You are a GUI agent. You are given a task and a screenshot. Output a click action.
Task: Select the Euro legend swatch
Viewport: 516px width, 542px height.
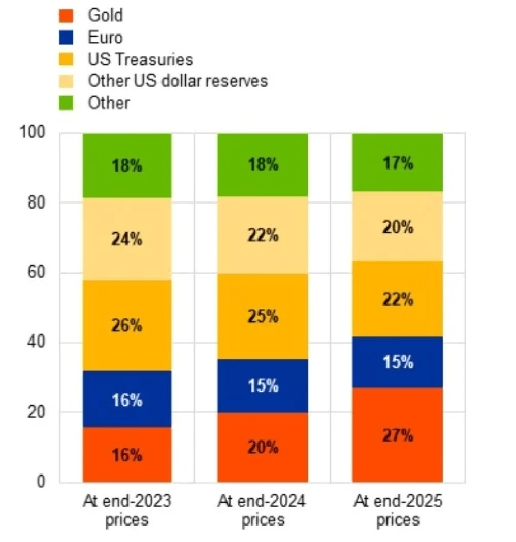[66, 38]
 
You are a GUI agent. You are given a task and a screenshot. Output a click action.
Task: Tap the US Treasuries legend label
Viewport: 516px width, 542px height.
[140, 59]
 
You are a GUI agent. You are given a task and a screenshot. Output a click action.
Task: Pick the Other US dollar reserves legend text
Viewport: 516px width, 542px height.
[178, 80]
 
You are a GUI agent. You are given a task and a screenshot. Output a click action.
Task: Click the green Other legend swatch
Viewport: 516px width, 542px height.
[66, 103]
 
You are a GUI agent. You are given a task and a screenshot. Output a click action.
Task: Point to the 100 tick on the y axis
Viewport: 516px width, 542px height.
[32, 132]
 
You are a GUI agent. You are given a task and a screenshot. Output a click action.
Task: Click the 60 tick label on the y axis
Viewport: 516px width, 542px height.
[36, 273]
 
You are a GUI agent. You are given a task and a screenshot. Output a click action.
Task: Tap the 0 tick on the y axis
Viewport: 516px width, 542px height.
[41, 481]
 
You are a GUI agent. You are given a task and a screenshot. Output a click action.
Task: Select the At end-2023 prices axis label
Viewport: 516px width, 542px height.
[127, 510]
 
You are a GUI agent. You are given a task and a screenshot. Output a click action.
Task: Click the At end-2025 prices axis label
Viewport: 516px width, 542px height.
[398, 510]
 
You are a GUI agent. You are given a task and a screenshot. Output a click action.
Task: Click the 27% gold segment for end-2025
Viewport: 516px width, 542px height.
[397, 435]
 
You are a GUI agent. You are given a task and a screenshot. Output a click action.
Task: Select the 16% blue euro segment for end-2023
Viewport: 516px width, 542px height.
[127, 399]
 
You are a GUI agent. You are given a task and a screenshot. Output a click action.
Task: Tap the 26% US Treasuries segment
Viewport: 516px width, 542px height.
[127, 326]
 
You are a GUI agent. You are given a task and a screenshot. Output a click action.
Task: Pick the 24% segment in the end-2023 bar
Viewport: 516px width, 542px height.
[127, 239]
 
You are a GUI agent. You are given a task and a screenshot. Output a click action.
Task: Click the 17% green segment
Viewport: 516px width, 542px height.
[397, 162]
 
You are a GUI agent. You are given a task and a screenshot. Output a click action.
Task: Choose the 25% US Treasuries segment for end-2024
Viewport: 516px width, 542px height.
[263, 317]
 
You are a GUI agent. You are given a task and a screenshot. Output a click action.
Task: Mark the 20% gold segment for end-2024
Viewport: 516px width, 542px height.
[263, 447]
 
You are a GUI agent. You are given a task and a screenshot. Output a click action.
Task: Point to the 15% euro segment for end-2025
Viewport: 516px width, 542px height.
[397, 362]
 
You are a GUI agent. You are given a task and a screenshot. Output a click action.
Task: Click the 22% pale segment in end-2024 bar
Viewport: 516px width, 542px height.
[263, 235]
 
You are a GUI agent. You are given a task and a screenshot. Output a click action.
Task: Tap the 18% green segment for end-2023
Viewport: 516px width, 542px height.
[127, 165]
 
